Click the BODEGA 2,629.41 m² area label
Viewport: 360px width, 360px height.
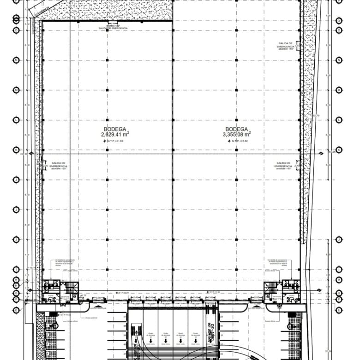coord(115,132)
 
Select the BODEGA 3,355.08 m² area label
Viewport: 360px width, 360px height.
coord(237,132)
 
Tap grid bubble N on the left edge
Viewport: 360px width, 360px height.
coord(16,60)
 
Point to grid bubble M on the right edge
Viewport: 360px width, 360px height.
coord(339,90)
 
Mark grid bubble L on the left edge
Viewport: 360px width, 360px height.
coord(16,120)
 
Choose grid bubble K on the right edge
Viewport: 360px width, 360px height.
coord(339,150)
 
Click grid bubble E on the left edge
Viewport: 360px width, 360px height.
coord(16,310)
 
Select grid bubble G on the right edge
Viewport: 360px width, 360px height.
coord(339,293)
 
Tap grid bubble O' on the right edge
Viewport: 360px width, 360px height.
coord(339,20)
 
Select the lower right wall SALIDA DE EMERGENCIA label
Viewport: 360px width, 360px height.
coord(283,165)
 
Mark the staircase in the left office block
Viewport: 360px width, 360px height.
coord(70,288)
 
